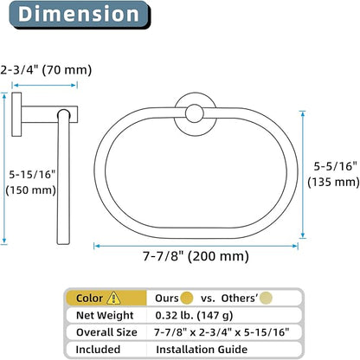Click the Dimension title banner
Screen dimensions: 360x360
80,15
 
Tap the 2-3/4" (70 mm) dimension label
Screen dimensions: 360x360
46,70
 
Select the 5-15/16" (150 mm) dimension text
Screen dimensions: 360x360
31,183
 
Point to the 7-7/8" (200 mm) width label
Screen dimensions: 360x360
196,256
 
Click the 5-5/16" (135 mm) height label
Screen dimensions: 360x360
333,174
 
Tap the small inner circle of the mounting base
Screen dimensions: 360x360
195,113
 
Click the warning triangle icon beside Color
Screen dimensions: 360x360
113,298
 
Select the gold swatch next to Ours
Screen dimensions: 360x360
187,298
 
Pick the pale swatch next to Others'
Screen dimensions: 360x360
266,298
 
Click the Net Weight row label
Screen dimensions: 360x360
105,315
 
